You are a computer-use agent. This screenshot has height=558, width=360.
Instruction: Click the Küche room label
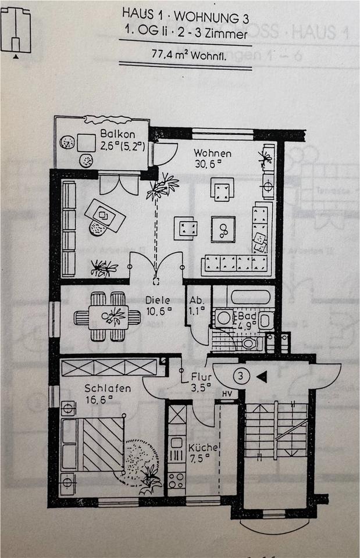(x=203, y=448)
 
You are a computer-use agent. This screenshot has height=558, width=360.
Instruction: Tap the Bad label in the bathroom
(x=245, y=316)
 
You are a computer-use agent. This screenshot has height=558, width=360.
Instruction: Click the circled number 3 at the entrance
(x=241, y=376)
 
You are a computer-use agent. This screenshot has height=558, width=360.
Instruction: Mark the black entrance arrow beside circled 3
(x=262, y=377)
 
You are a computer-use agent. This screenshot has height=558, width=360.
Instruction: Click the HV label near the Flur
(x=226, y=395)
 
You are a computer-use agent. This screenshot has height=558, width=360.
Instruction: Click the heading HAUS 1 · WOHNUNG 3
(x=186, y=11)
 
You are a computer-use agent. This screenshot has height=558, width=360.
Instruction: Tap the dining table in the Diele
(x=108, y=317)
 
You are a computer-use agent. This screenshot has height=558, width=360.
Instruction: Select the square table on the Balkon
(x=87, y=142)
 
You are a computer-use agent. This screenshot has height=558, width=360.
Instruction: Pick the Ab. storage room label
(x=197, y=301)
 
